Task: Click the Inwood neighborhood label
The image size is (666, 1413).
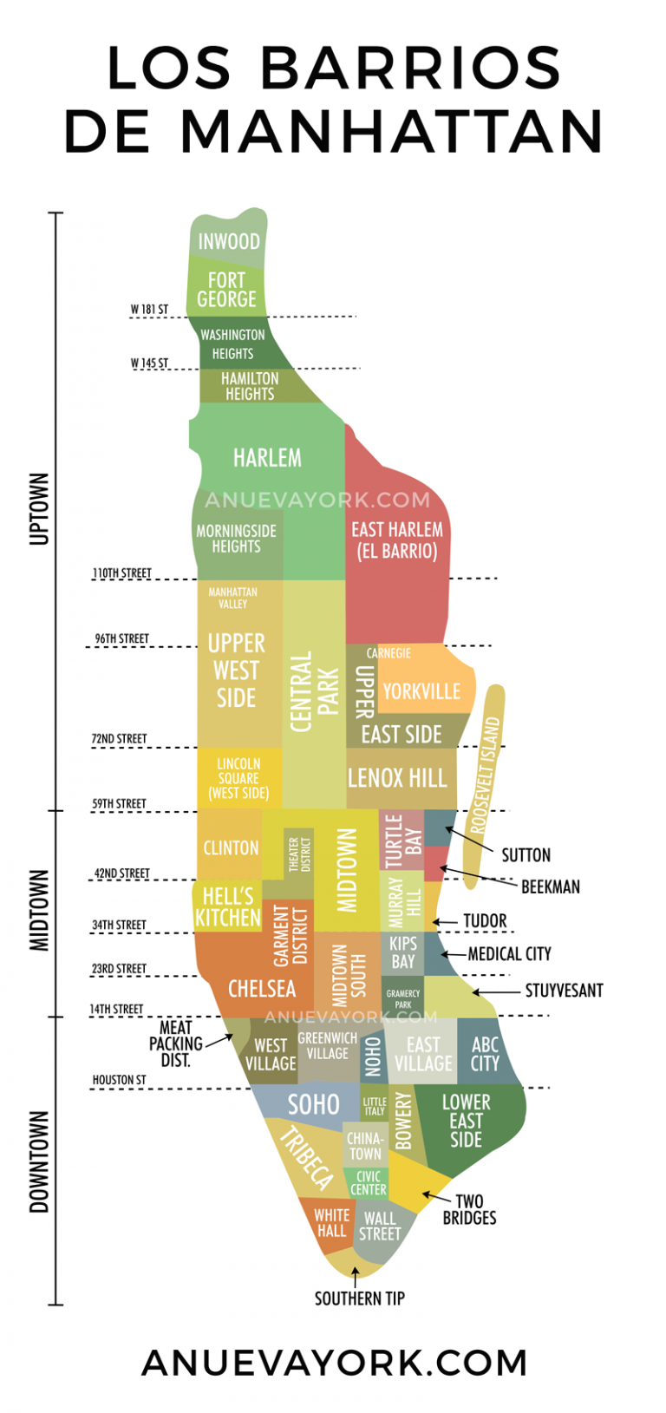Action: click(229, 241)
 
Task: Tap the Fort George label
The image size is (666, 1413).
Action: click(226, 290)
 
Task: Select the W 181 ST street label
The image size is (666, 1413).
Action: click(149, 310)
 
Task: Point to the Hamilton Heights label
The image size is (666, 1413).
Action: click(250, 386)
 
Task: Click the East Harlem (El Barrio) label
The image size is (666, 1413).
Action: click(396, 540)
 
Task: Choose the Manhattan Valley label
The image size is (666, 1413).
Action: click(232, 598)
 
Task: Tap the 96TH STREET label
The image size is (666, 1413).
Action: click(121, 639)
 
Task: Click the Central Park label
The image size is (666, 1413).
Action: click(313, 692)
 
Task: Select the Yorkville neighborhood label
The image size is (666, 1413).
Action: click(421, 691)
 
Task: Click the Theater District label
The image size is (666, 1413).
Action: click(298, 854)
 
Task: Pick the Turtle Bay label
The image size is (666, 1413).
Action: click(403, 840)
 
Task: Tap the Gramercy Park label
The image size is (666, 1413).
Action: click(403, 999)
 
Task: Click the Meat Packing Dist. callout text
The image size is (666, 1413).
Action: click(175, 1043)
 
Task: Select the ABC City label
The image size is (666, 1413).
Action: click(485, 1054)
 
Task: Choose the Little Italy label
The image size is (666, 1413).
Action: click(375, 1106)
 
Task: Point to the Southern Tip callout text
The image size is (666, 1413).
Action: click(359, 1299)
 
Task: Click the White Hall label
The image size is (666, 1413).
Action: click(331, 1223)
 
